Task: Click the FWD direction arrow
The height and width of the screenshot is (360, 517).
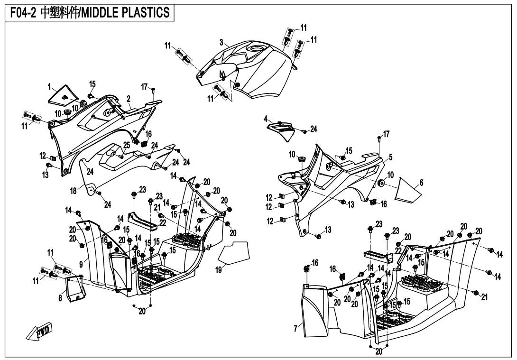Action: (40, 331)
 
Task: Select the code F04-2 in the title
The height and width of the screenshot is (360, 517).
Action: (22, 12)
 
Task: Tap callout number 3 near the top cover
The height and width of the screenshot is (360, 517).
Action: (222, 42)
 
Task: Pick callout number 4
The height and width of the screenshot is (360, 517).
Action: (266, 118)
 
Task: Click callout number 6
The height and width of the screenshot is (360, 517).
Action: (421, 183)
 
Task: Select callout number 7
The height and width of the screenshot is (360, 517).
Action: (295, 328)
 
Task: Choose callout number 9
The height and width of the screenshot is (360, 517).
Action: (81, 263)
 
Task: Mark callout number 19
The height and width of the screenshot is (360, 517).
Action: (218, 270)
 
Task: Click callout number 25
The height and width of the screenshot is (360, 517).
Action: (127, 145)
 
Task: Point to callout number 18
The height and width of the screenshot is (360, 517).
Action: (74, 190)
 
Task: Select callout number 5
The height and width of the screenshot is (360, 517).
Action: (390, 157)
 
